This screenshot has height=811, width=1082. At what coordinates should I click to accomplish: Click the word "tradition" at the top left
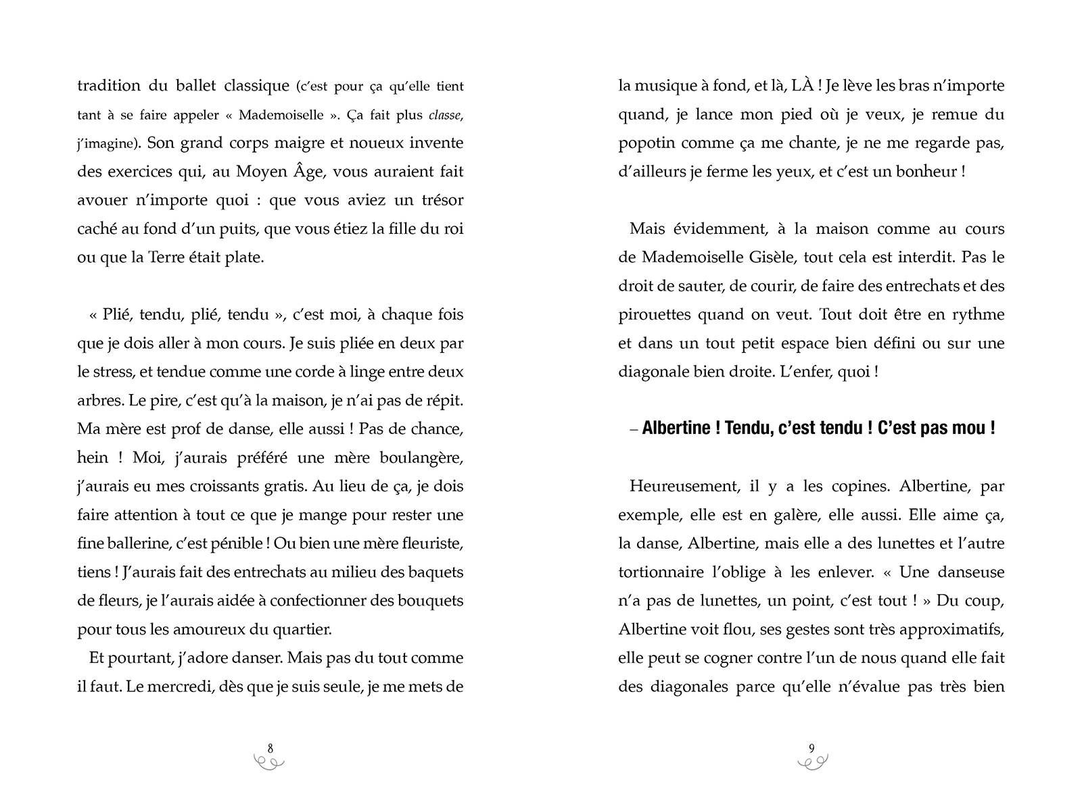click(x=109, y=86)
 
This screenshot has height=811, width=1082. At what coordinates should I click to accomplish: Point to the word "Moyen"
click(x=260, y=172)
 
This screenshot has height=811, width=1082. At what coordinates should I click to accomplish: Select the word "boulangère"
click(x=424, y=458)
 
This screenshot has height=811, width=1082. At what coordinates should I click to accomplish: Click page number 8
click(x=270, y=747)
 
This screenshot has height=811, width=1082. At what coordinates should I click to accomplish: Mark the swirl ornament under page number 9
click(x=811, y=762)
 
